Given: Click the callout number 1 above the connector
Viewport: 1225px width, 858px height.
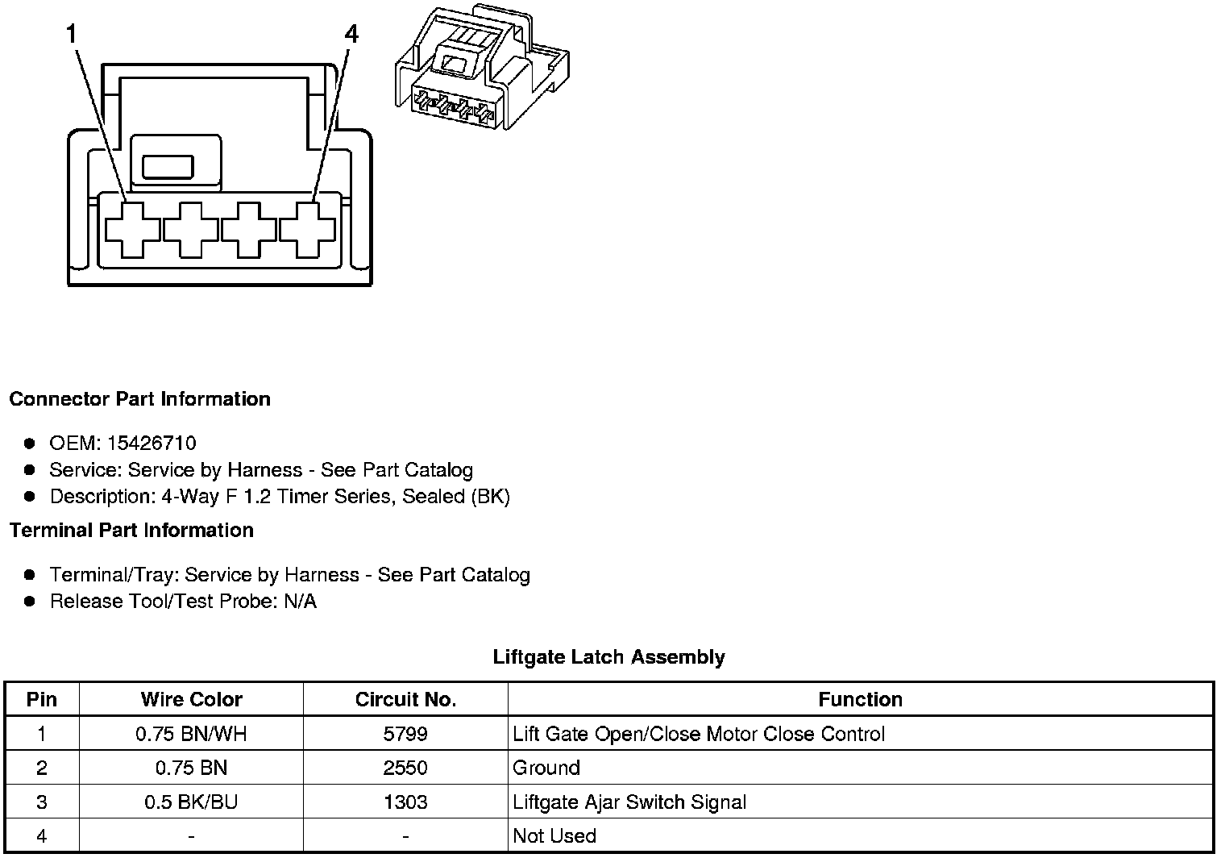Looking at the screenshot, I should point(72,35).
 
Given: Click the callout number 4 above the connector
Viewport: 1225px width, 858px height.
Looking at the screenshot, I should point(351,35).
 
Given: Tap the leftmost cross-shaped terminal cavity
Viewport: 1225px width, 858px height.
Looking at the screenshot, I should point(133,230).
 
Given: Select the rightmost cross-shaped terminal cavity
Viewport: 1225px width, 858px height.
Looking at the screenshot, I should point(307,230).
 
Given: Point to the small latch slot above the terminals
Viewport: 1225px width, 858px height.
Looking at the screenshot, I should point(168,167).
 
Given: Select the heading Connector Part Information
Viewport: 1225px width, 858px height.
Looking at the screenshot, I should point(139,399).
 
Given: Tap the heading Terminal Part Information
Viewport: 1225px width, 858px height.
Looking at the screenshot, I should point(131,530).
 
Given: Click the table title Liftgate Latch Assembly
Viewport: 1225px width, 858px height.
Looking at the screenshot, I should point(608,657).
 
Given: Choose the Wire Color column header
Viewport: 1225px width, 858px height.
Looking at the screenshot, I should point(191,699).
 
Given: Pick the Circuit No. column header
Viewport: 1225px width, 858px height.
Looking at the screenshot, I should point(405,699).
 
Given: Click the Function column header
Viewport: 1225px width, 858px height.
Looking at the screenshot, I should point(860,699).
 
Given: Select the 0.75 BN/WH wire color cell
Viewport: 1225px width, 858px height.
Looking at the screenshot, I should point(191,734).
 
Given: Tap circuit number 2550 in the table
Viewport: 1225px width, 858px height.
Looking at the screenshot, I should point(405,768).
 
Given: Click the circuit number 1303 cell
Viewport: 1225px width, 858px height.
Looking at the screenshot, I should point(405,802).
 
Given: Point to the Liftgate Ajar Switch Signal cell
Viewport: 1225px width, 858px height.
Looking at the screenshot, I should point(629,802).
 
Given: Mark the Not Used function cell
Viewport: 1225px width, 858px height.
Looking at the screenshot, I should point(554,836).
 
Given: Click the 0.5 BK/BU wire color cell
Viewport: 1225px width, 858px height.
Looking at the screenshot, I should point(191,802).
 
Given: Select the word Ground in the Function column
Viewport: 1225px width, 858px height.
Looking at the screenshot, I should point(546,768).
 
